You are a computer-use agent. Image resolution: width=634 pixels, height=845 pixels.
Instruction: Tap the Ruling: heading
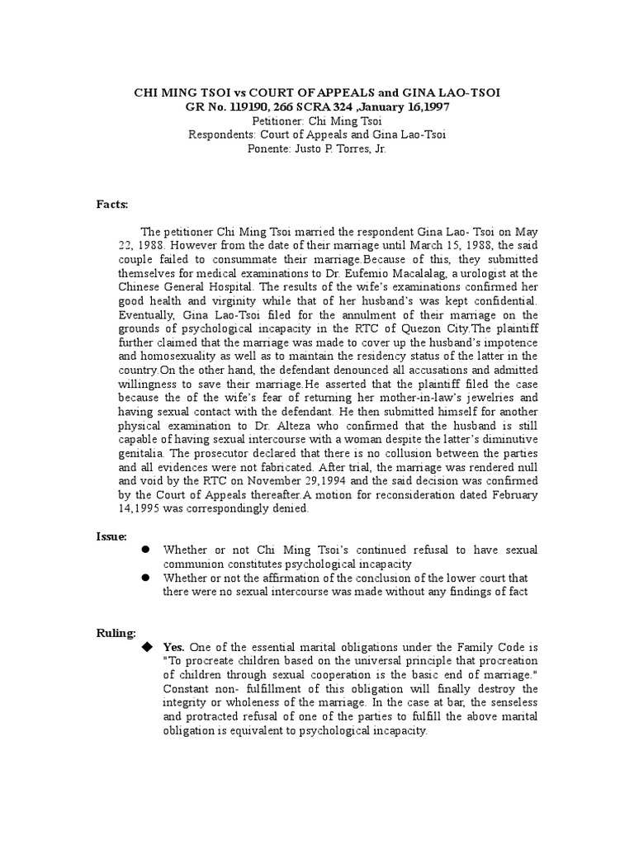[x=116, y=633]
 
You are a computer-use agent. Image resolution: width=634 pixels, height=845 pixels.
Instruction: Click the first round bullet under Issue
[x=144, y=549]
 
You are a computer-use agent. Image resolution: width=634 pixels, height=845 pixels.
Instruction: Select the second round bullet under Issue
[x=144, y=578]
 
